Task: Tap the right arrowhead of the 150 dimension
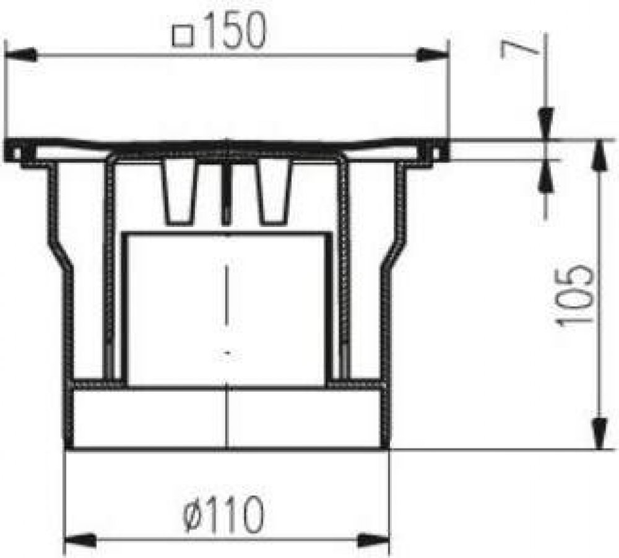point(433,55)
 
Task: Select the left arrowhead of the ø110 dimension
point(80,540)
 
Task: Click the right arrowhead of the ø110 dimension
point(373,540)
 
